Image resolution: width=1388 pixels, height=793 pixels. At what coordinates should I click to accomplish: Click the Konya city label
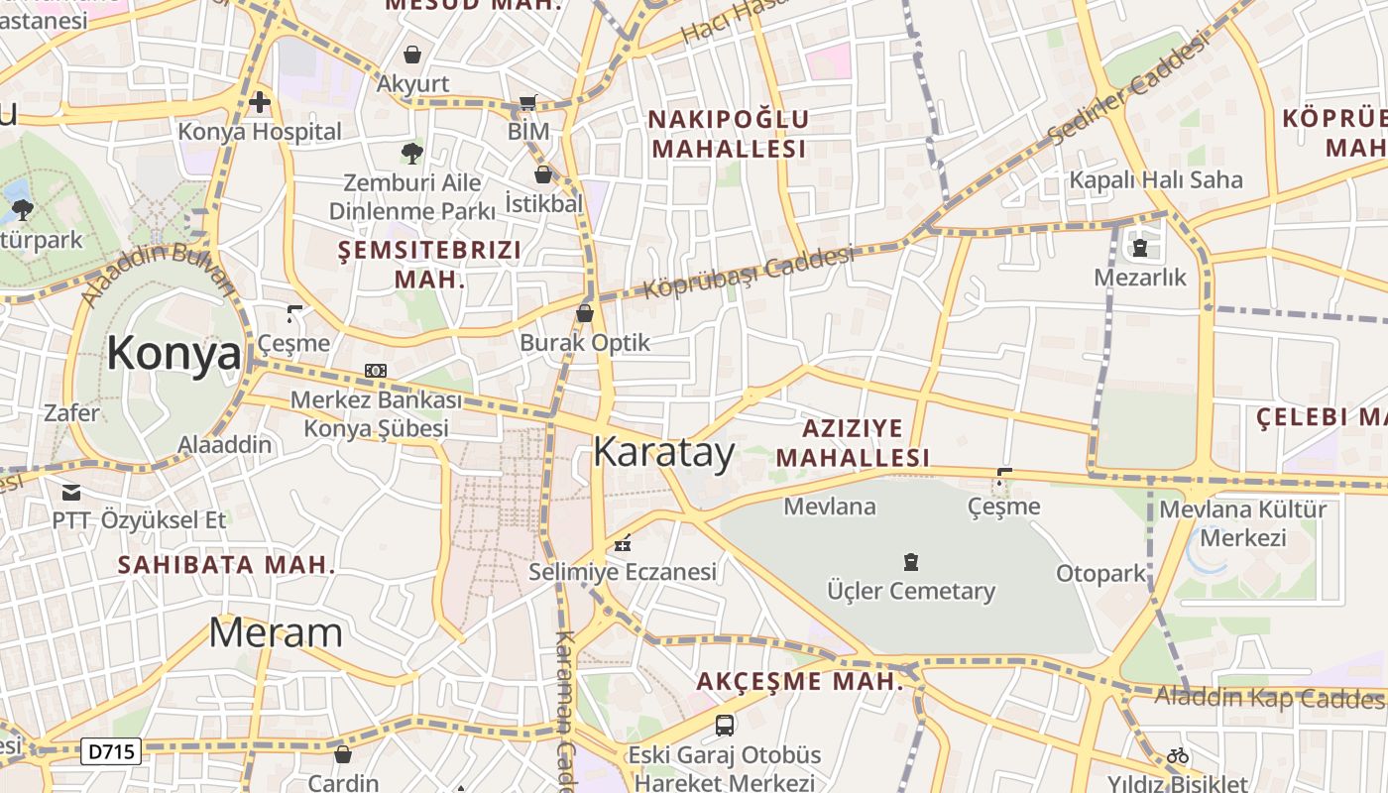(x=173, y=354)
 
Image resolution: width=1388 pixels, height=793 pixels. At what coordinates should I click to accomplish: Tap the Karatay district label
(x=663, y=452)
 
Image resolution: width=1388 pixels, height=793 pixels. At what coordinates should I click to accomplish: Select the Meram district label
(x=276, y=632)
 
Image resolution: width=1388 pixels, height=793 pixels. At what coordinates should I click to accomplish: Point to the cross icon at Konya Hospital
(x=260, y=101)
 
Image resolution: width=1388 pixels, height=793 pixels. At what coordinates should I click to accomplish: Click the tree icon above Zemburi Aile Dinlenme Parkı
(x=411, y=153)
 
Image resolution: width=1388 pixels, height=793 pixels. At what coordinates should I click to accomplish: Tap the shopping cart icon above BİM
(x=528, y=102)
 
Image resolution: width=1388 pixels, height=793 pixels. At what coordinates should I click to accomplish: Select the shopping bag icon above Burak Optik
(x=585, y=313)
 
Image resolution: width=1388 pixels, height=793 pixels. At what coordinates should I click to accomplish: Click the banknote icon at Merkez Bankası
(x=376, y=371)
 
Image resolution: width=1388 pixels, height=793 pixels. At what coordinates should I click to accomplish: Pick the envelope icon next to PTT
(x=70, y=492)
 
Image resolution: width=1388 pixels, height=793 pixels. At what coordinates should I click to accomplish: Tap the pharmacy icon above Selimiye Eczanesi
(x=623, y=542)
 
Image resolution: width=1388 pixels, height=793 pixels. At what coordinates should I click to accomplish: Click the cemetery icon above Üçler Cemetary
(x=911, y=562)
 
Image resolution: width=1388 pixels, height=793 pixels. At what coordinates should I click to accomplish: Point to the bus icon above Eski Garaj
(x=725, y=725)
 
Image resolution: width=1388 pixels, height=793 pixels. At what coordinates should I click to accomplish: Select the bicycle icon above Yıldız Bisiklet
(x=1178, y=755)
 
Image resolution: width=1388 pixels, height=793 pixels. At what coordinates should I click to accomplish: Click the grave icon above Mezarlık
(x=1139, y=248)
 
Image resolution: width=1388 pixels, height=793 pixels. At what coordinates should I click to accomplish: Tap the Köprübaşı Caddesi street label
(x=749, y=273)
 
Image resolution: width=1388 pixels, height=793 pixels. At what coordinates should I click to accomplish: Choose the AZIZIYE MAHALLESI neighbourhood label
(x=853, y=442)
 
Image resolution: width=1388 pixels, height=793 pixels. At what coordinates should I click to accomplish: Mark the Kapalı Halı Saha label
(x=1155, y=179)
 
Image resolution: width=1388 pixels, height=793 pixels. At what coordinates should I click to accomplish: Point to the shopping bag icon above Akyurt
(x=411, y=54)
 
